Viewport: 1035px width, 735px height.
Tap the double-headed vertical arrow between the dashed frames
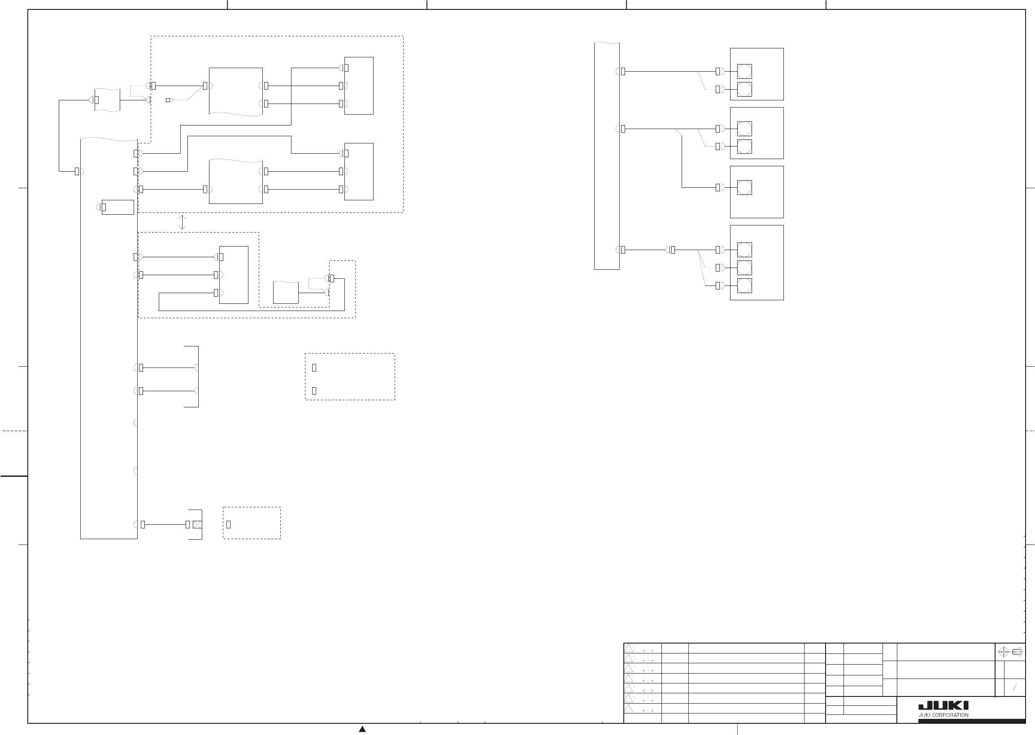coord(182,222)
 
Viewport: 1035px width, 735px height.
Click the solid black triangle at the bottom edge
coord(362,729)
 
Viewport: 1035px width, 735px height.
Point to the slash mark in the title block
coord(1015,688)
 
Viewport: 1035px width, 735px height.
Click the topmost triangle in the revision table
coord(628,649)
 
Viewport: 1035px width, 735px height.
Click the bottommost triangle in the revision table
coord(628,708)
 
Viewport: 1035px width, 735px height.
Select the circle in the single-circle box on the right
coord(744,187)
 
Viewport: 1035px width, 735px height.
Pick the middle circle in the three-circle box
coord(744,268)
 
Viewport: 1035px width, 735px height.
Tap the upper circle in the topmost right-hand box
coord(744,72)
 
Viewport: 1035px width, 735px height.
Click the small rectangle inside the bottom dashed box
coord(228,524)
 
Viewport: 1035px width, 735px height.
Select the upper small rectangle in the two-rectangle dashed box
coord(314,368)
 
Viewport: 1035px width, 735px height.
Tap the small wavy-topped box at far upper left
coord(107,100)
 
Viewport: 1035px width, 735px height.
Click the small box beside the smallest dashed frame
coord(286,293)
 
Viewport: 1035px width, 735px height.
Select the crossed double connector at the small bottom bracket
coord(197,524)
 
